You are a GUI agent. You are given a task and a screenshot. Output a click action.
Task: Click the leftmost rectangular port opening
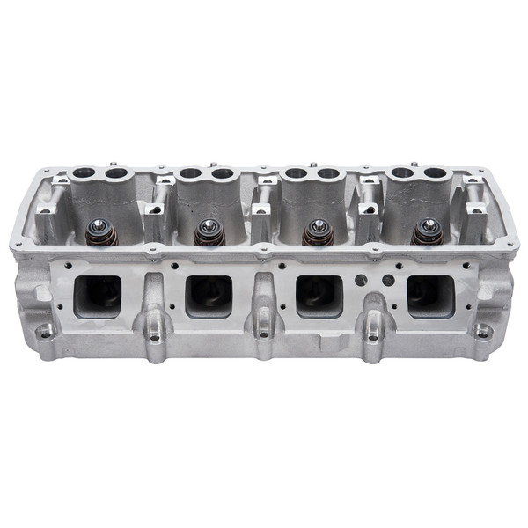pos(98,295)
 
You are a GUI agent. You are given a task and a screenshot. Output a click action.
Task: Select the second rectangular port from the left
pos(209,296)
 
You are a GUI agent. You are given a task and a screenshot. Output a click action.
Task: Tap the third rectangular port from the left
pos(319,296)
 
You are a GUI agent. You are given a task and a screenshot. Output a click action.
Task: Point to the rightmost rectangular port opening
pos(430,295)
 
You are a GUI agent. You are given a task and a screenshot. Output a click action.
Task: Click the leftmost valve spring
pos(100,232)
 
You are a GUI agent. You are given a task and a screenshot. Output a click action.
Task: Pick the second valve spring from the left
pos(209,232)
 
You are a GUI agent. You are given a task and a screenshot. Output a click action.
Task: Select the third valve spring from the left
pos(318,232)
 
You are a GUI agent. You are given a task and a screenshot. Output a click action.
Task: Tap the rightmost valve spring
pos(429,231)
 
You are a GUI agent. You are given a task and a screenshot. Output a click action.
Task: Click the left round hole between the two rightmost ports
pos(360,280)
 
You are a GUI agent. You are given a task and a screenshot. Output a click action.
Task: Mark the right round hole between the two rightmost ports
pos(388,281)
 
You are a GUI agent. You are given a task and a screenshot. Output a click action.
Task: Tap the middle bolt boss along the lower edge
pos(263,334)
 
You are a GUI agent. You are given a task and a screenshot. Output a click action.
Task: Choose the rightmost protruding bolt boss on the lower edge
pos(373,334)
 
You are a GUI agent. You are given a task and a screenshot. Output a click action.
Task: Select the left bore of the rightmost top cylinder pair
pos(402,173)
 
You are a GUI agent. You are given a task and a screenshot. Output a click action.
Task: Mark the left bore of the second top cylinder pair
pos(190,173)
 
